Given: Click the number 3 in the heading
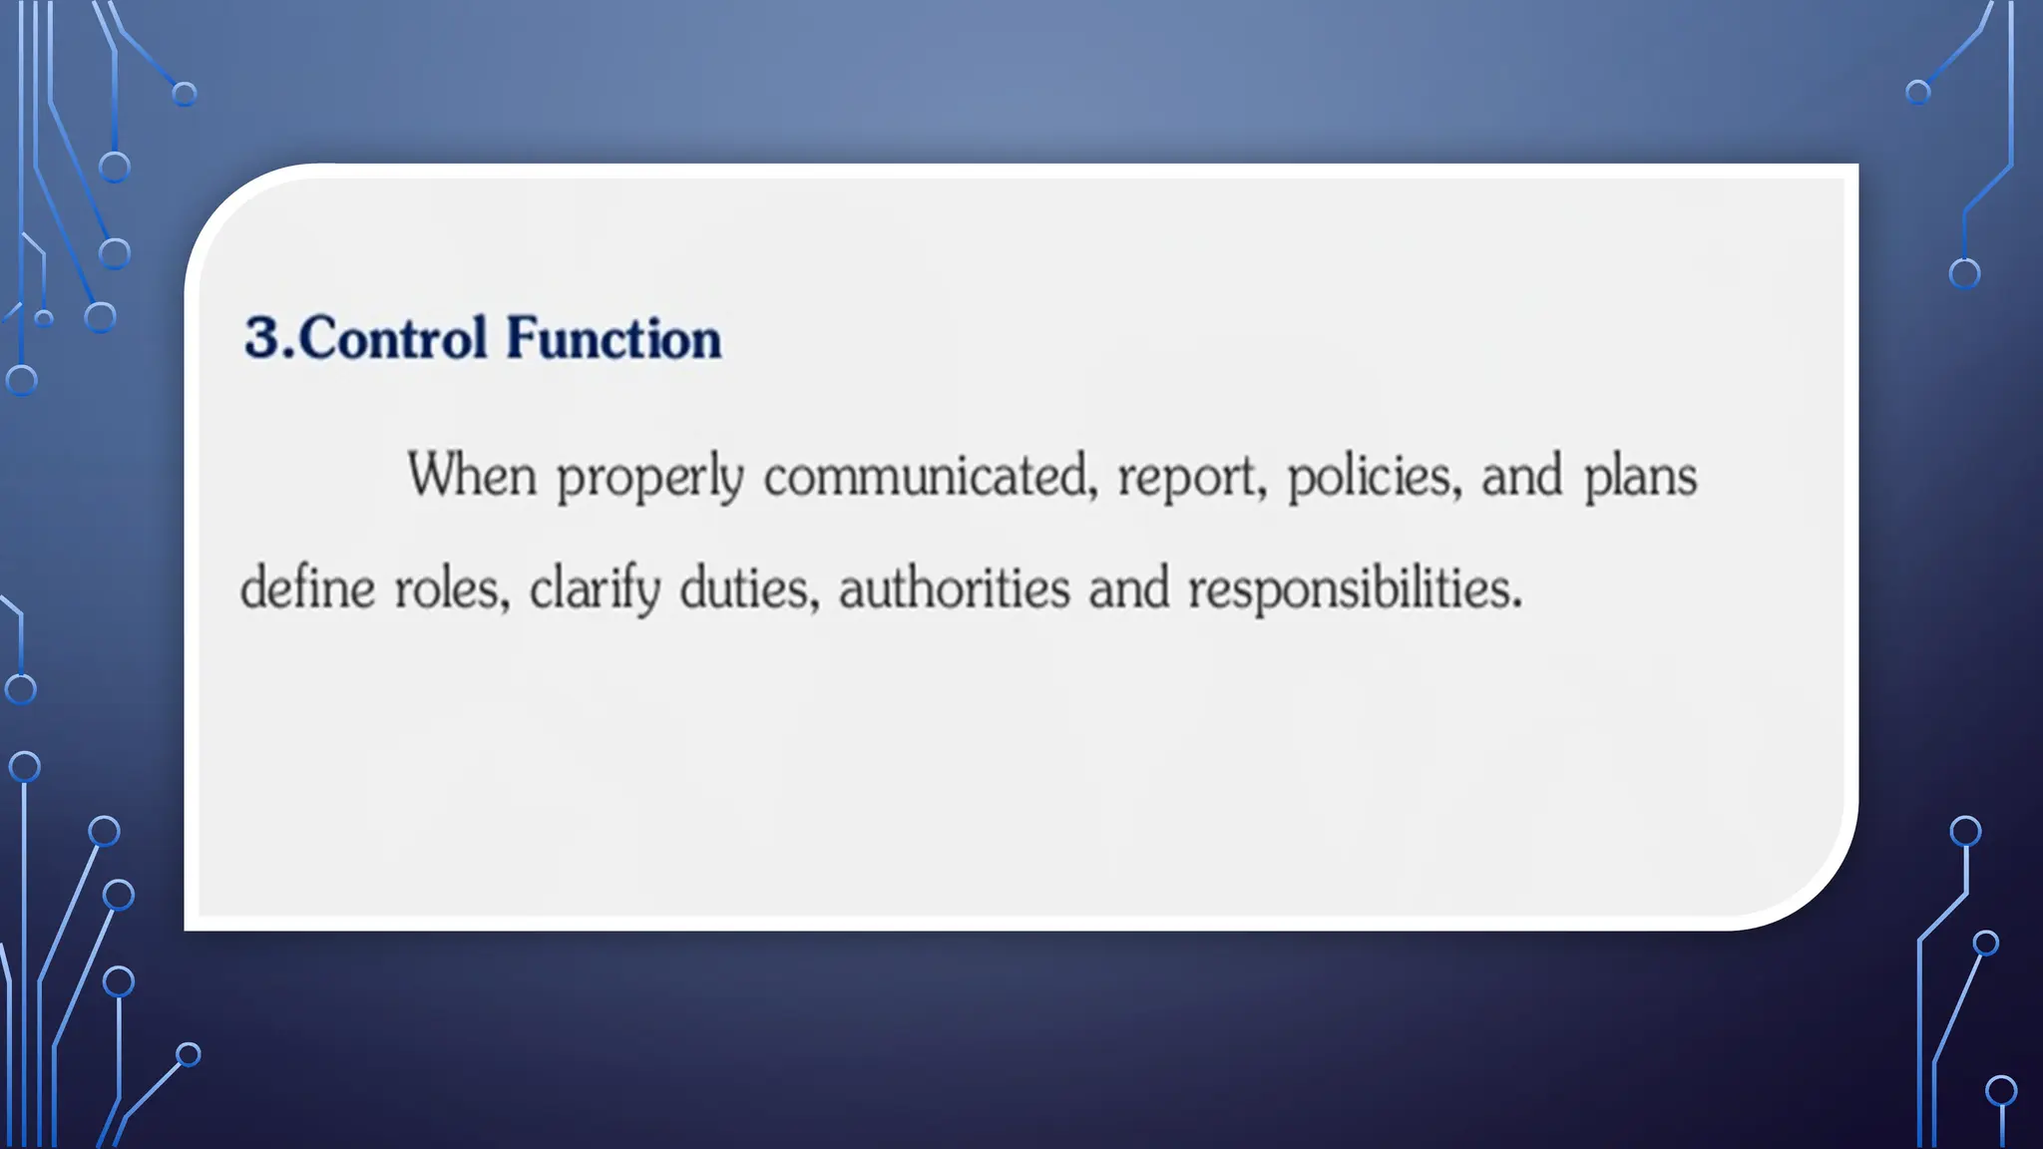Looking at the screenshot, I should (264, 337).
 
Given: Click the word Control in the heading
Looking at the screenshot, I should (392, 337).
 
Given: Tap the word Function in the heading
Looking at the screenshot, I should (613, 337).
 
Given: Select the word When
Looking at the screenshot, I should (472, 475).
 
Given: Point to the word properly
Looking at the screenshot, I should (649, 477).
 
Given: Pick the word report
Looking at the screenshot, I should (1186, 477).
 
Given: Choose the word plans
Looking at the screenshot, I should (1640, 477).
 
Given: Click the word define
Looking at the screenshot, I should (307, 587).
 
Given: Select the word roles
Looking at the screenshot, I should (447, 587).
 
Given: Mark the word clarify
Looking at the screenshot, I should (595, 587).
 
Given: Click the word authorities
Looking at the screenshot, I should (954, 587).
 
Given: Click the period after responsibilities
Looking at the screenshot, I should (1517, 603).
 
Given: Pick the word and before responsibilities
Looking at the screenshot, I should (1128, 587).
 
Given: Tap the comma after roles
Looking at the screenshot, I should (505, 605).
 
